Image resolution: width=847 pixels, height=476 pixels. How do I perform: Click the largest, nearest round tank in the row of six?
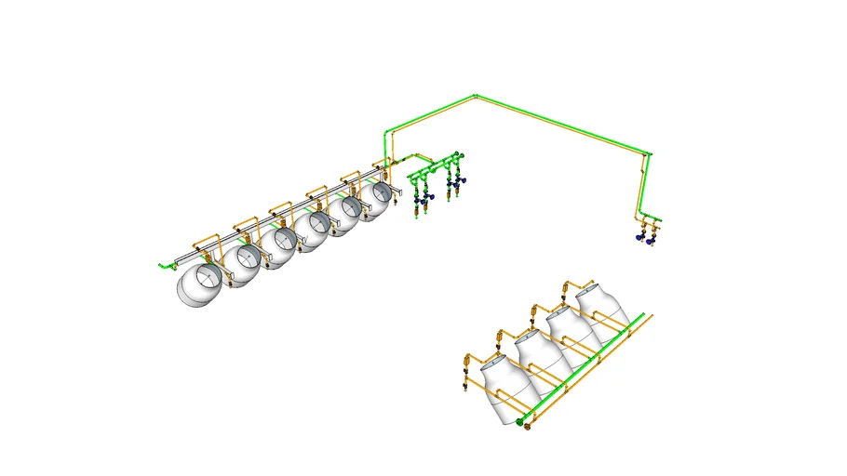pyautogui.click(x=200, y=285)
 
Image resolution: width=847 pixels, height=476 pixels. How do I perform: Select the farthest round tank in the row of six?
pyautogui.click(x=378, y=199)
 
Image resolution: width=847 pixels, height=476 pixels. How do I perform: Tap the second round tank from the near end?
pyautogui.click(x=243, y=264)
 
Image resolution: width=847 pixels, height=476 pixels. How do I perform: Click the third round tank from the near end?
pyautogui.click(x=278, y=247)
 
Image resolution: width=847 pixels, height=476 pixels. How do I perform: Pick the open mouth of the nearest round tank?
pyautogui.click(x=210, y=277)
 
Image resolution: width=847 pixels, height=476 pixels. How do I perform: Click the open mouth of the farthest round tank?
pyautogui.click(x=383, y=193)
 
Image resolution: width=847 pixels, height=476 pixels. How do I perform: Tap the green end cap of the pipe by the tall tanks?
pyautogui.click(x=519, y=422)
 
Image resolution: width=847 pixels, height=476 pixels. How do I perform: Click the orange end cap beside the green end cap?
pyautogui.click(x=529, y=428)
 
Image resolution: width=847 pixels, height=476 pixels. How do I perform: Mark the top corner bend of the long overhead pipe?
pyautogui.click(x=476, y=96)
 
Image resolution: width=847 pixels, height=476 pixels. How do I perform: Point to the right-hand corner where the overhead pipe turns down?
pyautogui.click(x=646, y=153)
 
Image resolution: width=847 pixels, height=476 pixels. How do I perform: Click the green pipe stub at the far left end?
pyautogui.click(x=161, y=267)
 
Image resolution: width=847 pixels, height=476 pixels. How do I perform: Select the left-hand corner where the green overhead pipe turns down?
pyautogui.click(x=386, y=132)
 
